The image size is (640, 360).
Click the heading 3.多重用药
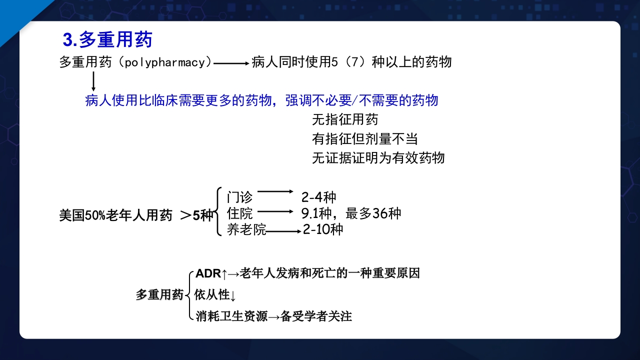click(x=107, y=40)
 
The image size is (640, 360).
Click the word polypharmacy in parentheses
click(x=165, y=62)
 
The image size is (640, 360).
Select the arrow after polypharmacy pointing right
click(x=231, y=63)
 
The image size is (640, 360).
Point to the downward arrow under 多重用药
click(x=93, y=81)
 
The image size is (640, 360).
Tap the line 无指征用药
click(x=345, y=119)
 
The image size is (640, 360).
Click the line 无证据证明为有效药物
click(x=378, y=158)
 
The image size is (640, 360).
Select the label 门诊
click(x=239, y=197)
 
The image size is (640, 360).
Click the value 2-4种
click(x=318, y=197)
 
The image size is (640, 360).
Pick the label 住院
click(x=239, y=213)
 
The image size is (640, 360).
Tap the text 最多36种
click(x=373, y=213)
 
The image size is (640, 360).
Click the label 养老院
click(x=246, y=230)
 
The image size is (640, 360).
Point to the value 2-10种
click(x=323, y=230)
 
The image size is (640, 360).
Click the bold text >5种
click(x=196, y=215)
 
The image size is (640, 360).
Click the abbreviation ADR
click(x=208, y=273)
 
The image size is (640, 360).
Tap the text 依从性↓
click(x=214, y=295)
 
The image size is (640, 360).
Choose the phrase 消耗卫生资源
click(x=231, y=316)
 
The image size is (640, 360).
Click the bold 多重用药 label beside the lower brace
click(x=159, y=295)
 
